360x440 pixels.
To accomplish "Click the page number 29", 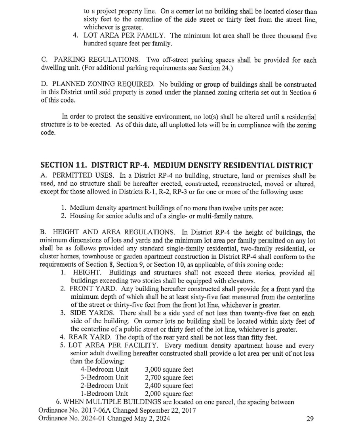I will click(310, 419).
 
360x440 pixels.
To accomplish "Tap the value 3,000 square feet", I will click(169, 370).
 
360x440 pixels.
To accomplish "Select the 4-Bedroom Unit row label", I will click(104, 370).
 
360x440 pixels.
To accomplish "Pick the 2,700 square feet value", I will click(169, 377).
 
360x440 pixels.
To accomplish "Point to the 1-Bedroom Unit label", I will click(104, 394).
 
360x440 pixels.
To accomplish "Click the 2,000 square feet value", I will click(169, 394).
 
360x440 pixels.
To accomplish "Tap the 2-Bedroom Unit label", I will click(104, 385).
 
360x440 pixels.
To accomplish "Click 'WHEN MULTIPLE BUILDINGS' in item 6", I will click(109, 402).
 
